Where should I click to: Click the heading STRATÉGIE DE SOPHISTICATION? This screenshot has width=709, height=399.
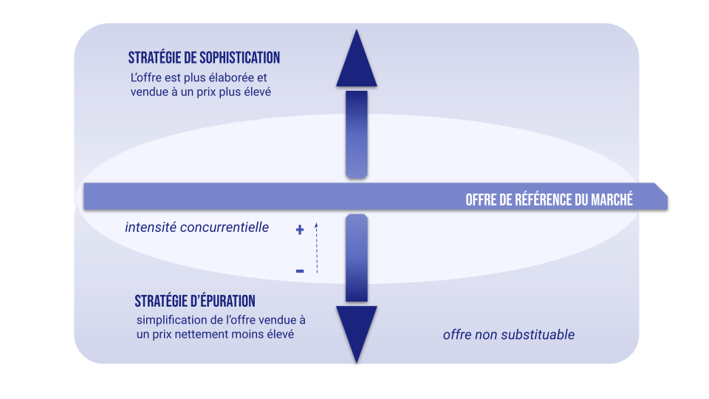click(204, 58)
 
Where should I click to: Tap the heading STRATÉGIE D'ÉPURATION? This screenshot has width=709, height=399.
click(195, 301)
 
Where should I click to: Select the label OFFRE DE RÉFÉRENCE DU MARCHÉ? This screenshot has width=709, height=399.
click(549, 199)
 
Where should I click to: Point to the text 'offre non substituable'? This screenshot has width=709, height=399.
click(508, 335)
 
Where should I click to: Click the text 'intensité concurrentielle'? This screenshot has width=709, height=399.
click(197, 228)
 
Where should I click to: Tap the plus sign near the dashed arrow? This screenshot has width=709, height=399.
click(300, 230)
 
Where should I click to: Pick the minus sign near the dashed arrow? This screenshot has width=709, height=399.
click(300, 271)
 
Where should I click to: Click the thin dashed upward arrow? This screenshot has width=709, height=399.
click(316, 248)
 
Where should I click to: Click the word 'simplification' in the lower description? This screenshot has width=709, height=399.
click(171, 320)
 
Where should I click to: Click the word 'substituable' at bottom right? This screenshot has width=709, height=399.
click(538, 335)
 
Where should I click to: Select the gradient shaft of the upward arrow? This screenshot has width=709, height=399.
click(357, 134)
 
